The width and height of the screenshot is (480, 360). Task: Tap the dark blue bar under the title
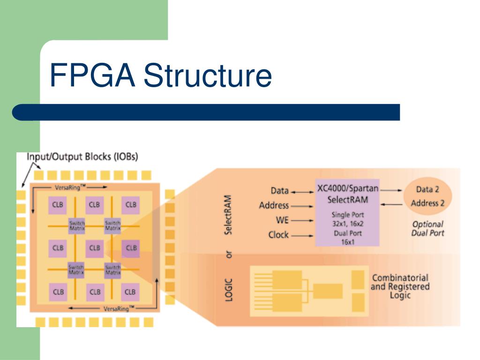[206, 112]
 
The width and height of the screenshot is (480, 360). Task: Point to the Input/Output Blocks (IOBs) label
[82, 157]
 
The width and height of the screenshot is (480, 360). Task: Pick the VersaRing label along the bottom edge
[119, 308]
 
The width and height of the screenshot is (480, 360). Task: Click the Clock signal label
[278, 234]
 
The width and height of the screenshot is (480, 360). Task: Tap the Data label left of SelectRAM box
[279, 191]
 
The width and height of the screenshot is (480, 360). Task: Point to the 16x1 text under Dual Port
[347, 242]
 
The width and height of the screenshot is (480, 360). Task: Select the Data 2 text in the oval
[427, 190]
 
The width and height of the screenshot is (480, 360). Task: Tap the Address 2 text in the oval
[427, 203]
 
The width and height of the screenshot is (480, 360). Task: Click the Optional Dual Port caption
[427, 228]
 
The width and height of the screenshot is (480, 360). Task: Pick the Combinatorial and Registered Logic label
[400, 286]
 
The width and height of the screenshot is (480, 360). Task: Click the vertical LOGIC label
[229, 289]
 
